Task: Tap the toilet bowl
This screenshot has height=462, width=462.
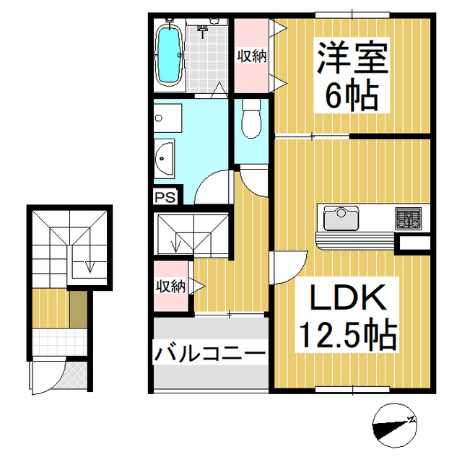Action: tap(250, 118)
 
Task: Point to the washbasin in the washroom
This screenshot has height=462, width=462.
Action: tap(164, 157)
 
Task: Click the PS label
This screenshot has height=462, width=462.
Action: tap(162, 195)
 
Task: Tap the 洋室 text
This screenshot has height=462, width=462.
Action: tap(351, 58)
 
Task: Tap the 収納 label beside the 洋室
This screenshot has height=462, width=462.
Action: tap(250, 56)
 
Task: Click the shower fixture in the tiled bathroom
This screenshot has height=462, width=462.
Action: tap(204, 30)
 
